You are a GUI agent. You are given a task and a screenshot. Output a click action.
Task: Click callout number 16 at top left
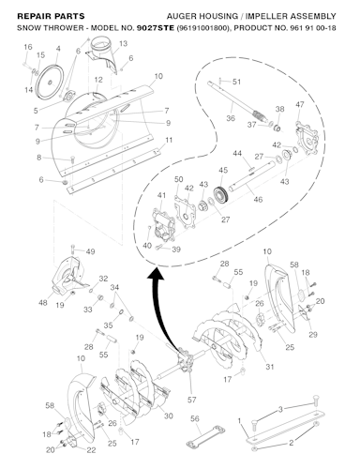click(x=26, y=47)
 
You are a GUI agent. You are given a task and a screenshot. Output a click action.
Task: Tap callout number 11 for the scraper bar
click(x=169, y=140)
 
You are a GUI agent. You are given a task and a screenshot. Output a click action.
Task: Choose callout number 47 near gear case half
click(x=300, y=104)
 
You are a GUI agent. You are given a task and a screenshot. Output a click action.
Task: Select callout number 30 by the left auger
click(x=169, y=416)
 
